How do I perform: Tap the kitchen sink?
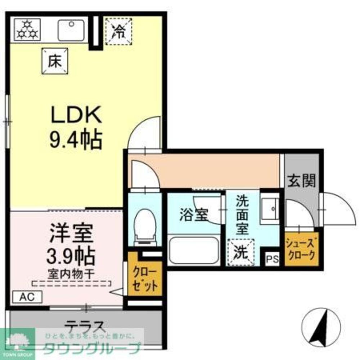[71, 29]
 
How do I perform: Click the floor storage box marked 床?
[55, 61]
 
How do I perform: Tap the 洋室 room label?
[71, 233]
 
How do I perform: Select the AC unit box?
[27, 297]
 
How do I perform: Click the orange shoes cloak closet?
[301, 249]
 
